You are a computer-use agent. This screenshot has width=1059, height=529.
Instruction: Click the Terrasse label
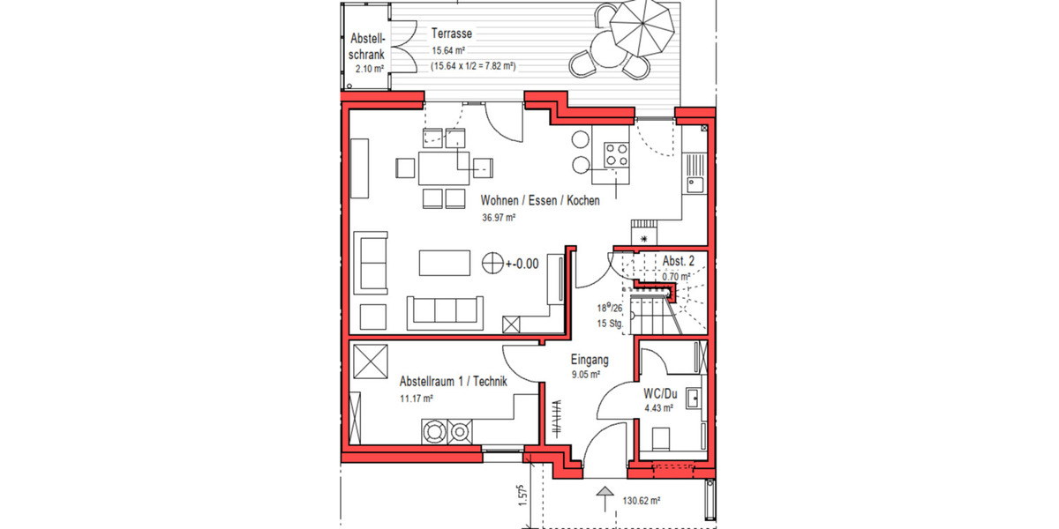click(x=451, y=34)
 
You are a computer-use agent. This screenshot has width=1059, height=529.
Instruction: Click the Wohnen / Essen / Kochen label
click(x=540, y=200)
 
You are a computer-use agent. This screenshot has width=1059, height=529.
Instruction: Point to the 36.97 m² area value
click(x=499, y=217)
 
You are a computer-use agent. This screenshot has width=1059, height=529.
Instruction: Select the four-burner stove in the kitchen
click(x=615, y=155)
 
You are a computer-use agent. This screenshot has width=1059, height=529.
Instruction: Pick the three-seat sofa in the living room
click(x=446, y=311)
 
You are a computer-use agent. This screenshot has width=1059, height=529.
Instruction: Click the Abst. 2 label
click(x=680, y=260)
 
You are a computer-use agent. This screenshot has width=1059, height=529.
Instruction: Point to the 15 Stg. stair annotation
click(x=611, y=324)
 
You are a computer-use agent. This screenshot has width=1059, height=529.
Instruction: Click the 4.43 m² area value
click(x=658, y=408)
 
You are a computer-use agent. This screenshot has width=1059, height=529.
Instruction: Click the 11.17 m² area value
click(x=417, y=399)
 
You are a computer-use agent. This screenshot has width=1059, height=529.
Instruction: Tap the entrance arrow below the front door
click(x=605, y=496)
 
